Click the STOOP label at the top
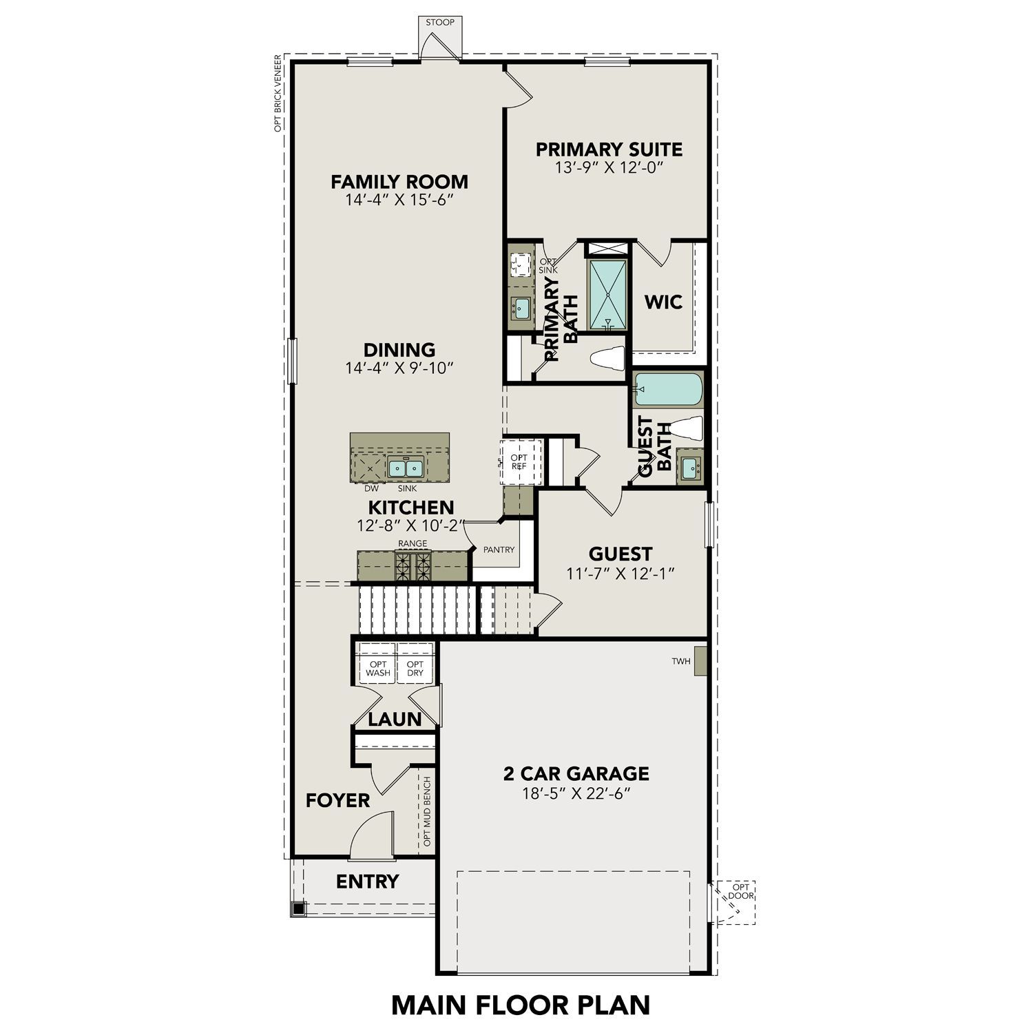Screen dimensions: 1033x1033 point(440,23)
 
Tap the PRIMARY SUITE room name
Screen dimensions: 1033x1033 point(609,149)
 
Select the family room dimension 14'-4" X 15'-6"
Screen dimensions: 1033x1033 point(399,200)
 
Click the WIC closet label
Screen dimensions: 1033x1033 point(663,302)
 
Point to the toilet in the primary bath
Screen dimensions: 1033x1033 point(608,359)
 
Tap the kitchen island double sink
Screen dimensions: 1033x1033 point(404,468)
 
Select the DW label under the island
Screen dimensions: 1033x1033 point(371,488)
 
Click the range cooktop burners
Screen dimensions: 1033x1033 point(413,566)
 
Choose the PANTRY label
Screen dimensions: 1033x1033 point(499,550)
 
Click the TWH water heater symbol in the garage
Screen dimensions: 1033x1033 point(700,661)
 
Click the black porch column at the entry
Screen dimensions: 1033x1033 point(298,909)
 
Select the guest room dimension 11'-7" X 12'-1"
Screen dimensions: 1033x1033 point(620,573)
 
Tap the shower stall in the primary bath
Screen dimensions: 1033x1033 point(607,295)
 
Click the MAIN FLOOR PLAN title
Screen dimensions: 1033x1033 point(520,1005)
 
